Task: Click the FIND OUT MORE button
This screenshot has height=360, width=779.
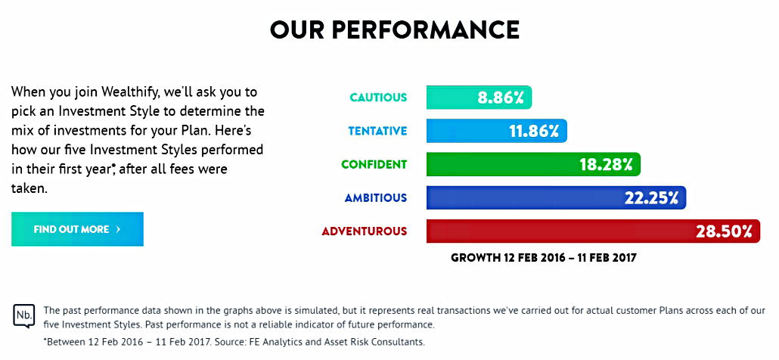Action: (x=77, y=229)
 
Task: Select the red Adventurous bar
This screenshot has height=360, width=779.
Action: (x=593, y=231)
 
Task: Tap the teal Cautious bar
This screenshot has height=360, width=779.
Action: (x=479, y=98)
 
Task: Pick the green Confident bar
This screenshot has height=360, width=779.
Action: (x=533, y=164)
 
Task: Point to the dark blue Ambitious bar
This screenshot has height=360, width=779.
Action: (x=556, y=197)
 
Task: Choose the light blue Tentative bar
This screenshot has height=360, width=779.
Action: (x=497, y=131)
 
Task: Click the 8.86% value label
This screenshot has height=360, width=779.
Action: (x=501, y=98)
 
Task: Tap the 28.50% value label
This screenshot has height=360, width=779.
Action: (x=724, y=232)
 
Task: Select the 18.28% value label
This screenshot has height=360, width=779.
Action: (x=606, y=165)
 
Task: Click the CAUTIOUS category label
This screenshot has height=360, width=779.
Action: (x=379, y=98)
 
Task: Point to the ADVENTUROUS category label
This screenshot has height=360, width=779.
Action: (x=365, y=231)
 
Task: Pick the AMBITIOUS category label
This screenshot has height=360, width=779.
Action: (x=376, y=197)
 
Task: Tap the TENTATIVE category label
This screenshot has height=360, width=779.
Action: (x=377, y=131)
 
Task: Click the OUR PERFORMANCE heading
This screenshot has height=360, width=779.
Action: (x=395, y=30)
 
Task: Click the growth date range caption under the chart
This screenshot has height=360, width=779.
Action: (x=544, y=258)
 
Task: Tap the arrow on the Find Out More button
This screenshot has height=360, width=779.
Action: (x=118, y=229)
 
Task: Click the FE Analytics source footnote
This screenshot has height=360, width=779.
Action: (x=234, y=342)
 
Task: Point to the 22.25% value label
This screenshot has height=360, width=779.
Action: (x=651, y=198)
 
